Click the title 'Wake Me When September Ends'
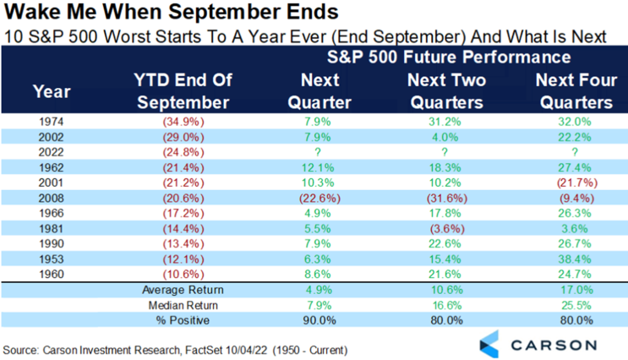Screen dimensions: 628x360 click(172, 12)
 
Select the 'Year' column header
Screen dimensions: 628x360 click(52, 91)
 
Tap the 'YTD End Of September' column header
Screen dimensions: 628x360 click(183, 91)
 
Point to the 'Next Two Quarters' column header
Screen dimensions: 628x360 click(446, 91)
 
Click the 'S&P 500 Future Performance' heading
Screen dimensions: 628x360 click(449, 57)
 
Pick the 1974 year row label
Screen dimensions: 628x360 click(52, 122)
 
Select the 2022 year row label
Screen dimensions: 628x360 click(52, 152)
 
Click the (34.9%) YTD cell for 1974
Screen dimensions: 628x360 click(183, 122)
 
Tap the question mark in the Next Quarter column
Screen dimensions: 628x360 click(318, 152)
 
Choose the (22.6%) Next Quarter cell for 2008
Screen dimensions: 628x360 click(320, 199)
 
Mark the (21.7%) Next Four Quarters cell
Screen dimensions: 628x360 click(577, 183)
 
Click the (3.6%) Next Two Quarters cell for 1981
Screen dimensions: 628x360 click(447, 229)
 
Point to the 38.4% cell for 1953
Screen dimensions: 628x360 click(575, 259)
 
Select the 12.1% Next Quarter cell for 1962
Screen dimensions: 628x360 click(318, 167)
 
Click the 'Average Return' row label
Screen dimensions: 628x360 click(183, 290)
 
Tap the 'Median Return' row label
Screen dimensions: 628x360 click(183, 306)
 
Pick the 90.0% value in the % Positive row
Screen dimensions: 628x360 click(319, 320)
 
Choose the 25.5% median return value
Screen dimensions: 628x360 click(576, 306)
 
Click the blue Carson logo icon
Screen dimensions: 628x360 click(489, 344)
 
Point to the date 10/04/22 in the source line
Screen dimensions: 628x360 click(246, 350)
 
